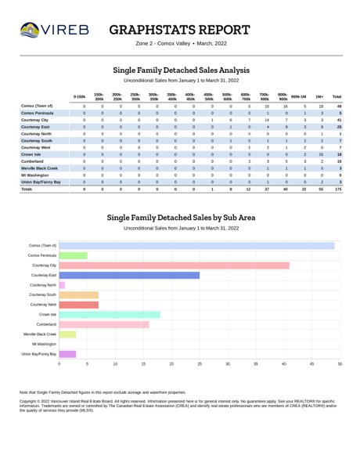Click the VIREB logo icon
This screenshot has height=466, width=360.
(30, 30)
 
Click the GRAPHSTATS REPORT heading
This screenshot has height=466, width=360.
(179, 30)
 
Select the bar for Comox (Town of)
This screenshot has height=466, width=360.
(196, 246)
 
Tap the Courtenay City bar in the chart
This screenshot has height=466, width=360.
(174, 266)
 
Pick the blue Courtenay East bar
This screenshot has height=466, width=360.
(129, 275)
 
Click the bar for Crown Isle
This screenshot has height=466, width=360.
(110, 315)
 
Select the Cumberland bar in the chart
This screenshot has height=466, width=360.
(104, 324)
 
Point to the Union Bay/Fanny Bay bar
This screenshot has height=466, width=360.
(67, 354)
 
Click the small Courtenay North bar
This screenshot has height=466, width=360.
(62, 285)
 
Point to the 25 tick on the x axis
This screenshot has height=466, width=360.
(200, 363)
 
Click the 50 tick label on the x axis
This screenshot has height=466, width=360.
(340, 363)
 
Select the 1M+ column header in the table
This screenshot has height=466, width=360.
(319, 97)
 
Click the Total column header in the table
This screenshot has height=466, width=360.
(337, 97)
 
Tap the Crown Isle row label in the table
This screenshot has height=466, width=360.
(31, 154)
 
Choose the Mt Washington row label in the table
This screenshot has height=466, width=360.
(34, 175)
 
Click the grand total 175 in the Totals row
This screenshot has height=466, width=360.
(338, 189)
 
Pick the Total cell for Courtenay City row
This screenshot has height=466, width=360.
(339, 120)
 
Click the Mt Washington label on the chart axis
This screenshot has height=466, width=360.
(45, 344)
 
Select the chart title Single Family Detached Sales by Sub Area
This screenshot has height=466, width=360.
(181, 218)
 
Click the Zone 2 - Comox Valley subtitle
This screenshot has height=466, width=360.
(163, 43)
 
